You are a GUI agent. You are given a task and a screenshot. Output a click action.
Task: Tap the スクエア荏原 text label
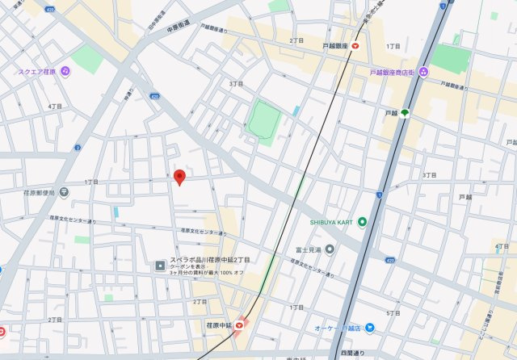[x=37, y=72]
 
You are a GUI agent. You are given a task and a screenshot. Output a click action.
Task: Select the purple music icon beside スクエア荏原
[x=65, y=72]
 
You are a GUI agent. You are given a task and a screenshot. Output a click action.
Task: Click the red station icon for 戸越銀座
[x=355, y=47]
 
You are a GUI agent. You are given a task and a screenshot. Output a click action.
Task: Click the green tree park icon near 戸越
[x=404, y=113]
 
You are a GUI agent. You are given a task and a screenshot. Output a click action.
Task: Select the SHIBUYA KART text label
[x=331, y=222]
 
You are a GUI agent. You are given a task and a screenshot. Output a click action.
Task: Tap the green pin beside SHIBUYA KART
[x=362, y=222]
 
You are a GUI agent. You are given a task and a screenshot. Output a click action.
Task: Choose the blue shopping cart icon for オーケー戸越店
[x=369, y=327]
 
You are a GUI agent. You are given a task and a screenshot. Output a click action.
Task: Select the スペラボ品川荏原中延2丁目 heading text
[x=209, y=260]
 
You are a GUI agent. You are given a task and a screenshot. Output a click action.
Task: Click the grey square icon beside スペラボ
[x=160, y=265]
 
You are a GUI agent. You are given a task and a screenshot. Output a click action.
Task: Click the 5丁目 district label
[x=393, y=312]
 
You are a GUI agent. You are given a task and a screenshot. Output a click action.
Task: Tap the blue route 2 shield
[x=78, y=147]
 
